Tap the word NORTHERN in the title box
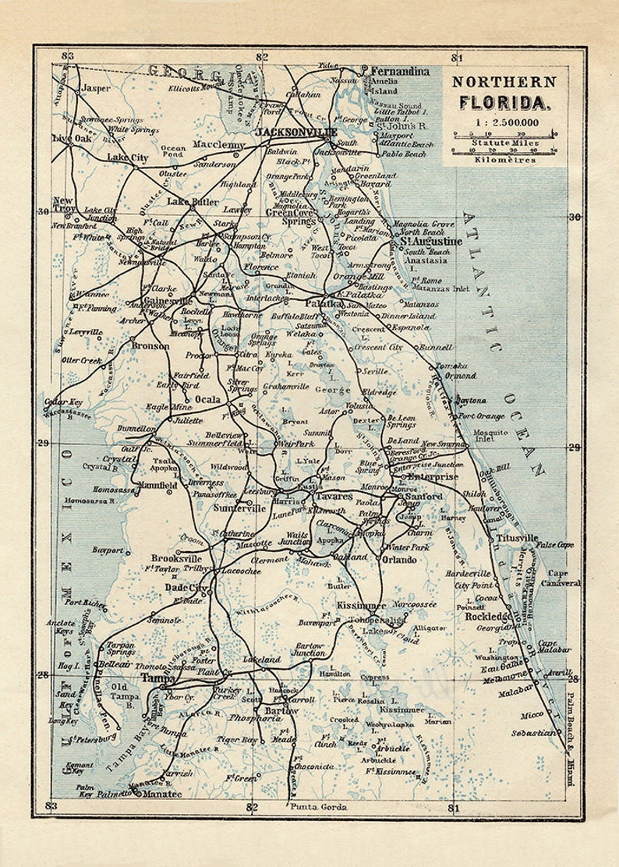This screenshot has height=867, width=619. click(x=504, y=82)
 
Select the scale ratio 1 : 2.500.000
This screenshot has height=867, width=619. click(x=504, y=122)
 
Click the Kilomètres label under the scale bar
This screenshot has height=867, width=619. click(x=505, y=160)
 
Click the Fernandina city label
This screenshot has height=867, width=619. click(x=400, y=70)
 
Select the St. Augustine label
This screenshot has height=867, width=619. click(x=430, y=242)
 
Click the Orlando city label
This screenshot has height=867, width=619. click(x=399, y=559)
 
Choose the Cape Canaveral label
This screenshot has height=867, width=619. click(x=562, y=578)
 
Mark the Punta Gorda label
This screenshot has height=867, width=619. click(x=317, y=806)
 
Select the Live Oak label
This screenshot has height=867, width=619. click(x=71, y=138)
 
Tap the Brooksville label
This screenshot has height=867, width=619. click(x=176, y=558)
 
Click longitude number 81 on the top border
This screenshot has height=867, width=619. click(x=457, y=56)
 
